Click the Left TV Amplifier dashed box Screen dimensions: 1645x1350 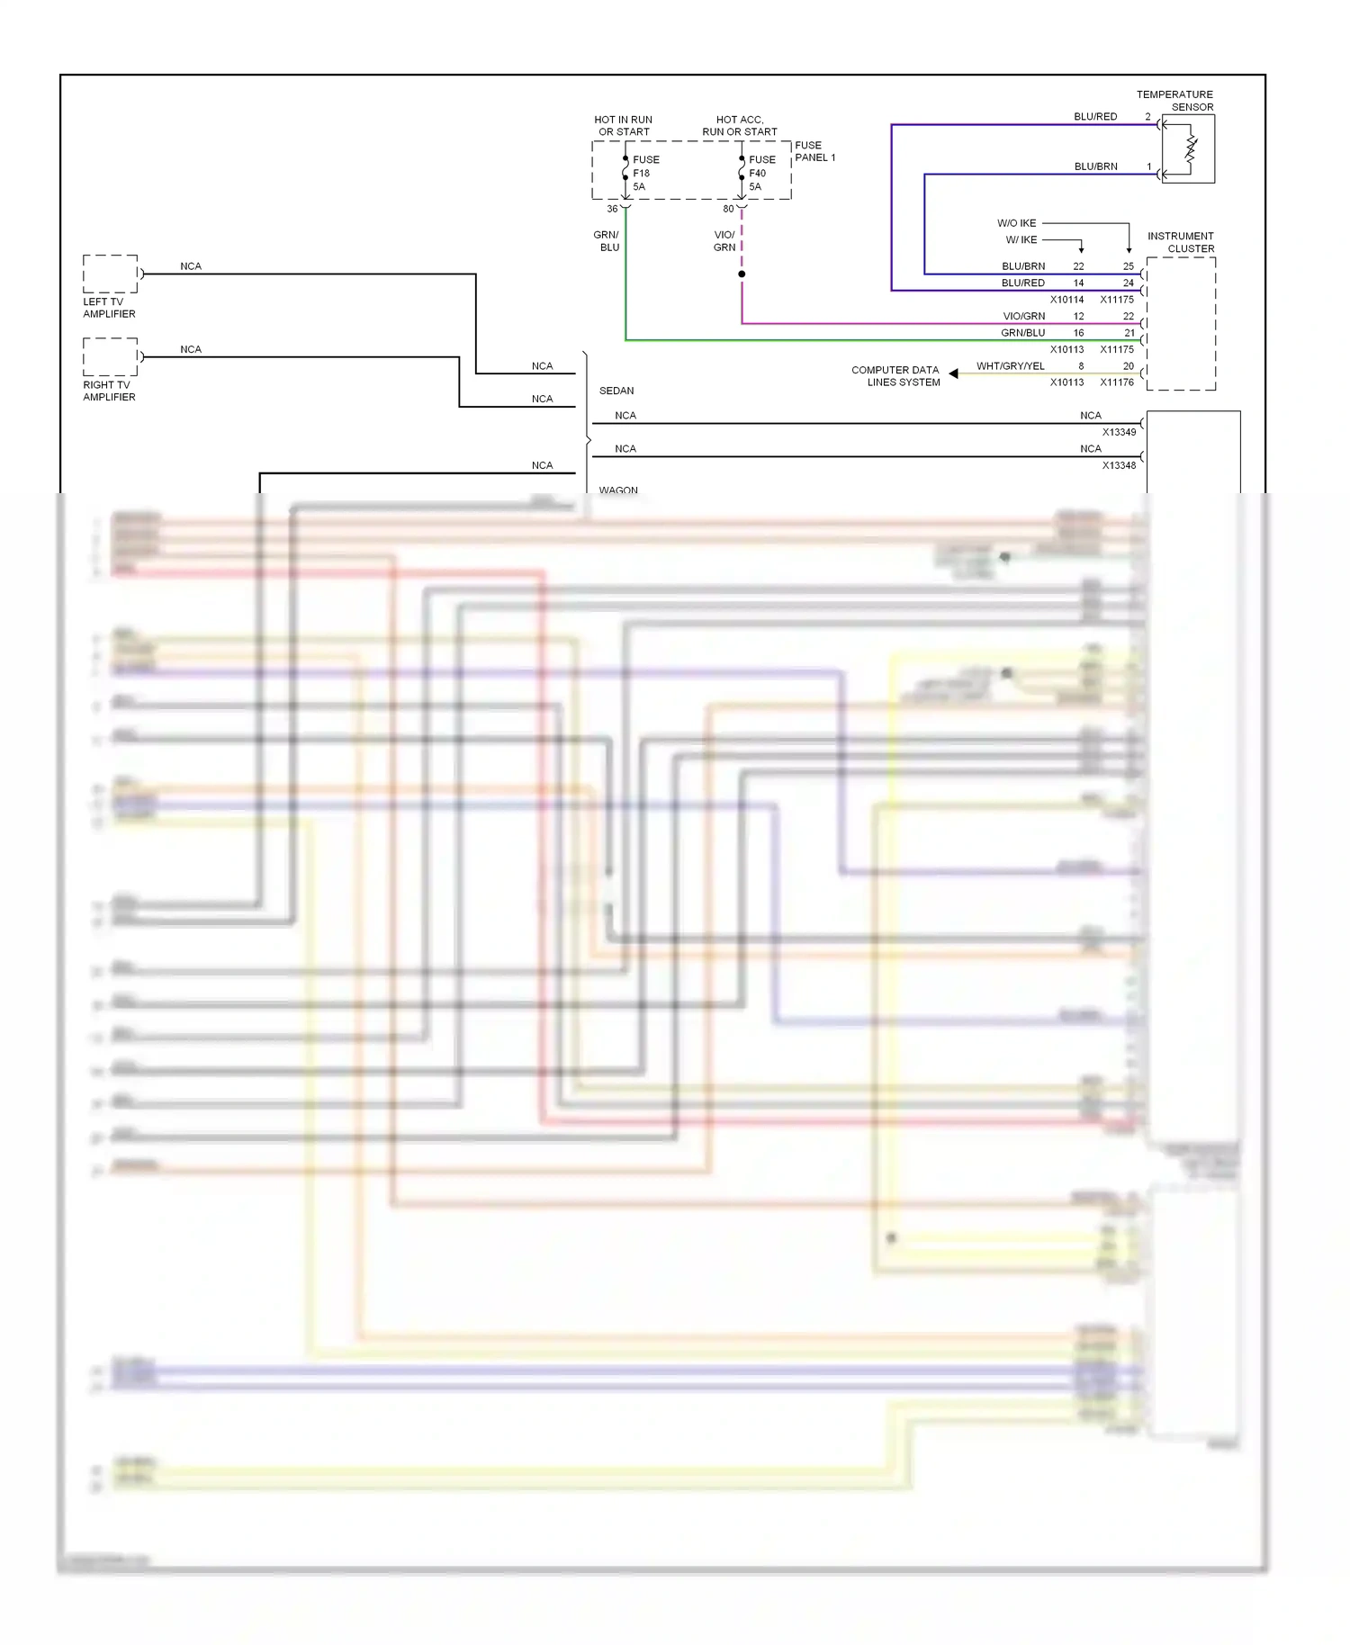(x=110, y=274)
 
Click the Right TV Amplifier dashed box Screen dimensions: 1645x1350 (x=110, y=356)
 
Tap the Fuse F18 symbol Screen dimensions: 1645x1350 (x=625, y=173)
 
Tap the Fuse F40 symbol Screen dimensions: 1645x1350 (x=742, y=173)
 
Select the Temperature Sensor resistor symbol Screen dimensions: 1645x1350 (x=1190, y=149)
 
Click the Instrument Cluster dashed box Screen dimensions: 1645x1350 (x=1181, y=324)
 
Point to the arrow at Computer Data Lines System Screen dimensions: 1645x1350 (x=953, y=373)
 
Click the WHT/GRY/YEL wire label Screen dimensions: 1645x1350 (x=1010, y=366)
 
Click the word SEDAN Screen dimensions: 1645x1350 (x=616, y=391)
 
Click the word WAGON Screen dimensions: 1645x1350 (x=618, y=490)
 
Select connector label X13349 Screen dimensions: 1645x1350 (x=1119, y=432)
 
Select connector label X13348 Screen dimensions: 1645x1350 (x=1119, y=465)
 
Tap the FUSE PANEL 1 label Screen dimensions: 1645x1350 (x=814, y=151)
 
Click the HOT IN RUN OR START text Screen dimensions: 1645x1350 (x=623, y=125)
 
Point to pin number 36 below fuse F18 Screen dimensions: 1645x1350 (x=612, y=209)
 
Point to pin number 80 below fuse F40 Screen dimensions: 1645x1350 (x=728, y=209)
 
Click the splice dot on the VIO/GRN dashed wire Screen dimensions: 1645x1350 (x=742, y=274)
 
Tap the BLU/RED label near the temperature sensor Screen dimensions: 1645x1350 (x=1095, y=117)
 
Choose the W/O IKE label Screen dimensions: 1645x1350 (x=1016, y=223)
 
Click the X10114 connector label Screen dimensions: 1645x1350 (x=1066, y=300)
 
